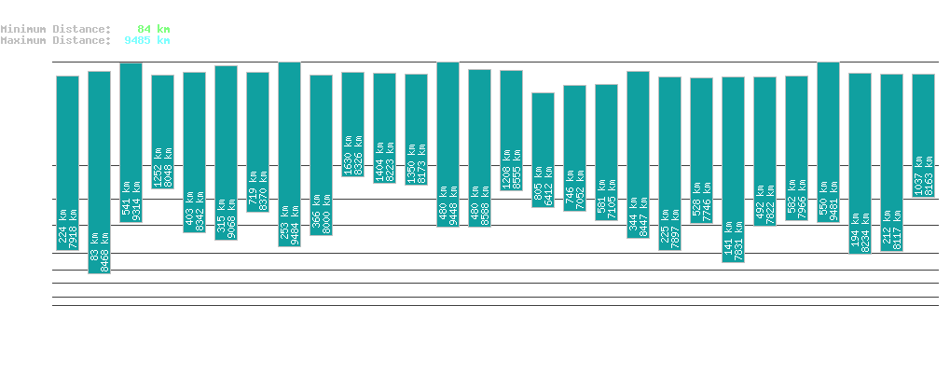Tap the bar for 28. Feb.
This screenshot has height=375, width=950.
coord(543,149)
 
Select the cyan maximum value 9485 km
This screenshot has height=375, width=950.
coord(146,40)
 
